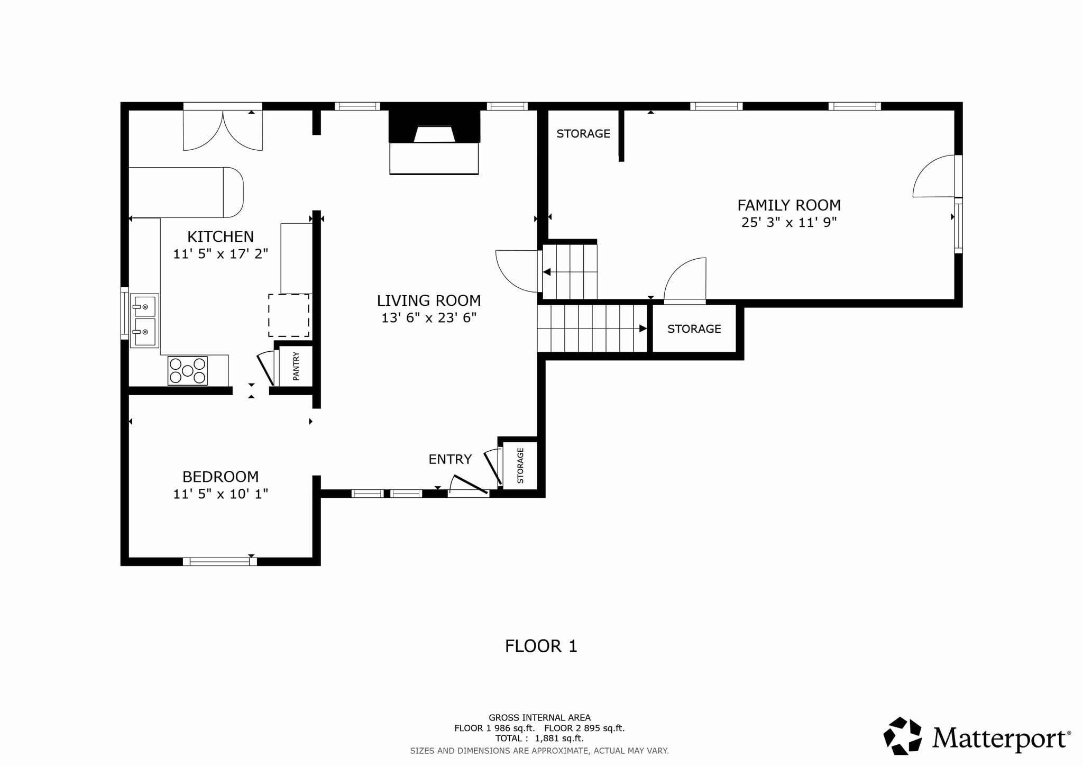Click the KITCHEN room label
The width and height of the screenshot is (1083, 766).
(221, 236)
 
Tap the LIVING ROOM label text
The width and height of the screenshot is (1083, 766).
(429, 300)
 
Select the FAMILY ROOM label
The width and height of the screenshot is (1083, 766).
(789, 205)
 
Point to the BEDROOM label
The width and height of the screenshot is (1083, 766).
(221, 477)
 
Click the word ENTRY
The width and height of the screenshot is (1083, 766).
(450, 459)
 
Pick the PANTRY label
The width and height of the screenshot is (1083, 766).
(296, 366)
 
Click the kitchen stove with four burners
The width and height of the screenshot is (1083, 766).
(188, 370)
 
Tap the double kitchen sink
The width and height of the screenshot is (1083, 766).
(144, 321)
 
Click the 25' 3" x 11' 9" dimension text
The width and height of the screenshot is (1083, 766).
(789, 222)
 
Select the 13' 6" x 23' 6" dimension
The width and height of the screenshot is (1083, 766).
(429, 317)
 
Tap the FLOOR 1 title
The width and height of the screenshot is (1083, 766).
(541, 646)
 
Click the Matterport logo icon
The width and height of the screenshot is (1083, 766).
(903, 736)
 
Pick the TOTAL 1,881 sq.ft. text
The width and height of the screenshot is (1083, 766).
(539, 738)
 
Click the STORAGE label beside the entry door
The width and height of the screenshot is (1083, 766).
(520, 466)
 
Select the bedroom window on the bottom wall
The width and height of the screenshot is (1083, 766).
(220, 561)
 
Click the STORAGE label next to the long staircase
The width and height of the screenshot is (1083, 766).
(694, 329)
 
